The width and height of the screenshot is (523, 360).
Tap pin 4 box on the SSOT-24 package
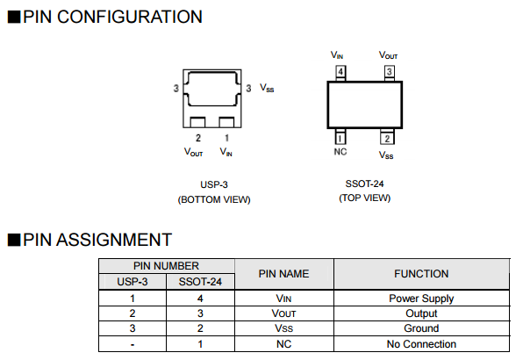point(340,72)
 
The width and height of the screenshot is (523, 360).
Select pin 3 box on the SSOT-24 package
point(389,72)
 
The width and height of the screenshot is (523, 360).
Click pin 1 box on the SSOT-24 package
point(340,137)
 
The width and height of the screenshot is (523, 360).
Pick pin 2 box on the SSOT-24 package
point(387,137)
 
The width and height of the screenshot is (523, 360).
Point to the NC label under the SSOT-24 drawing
point(340,152)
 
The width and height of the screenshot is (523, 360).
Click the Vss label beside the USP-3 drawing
point(267,88)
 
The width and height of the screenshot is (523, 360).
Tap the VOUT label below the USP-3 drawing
point(193,152)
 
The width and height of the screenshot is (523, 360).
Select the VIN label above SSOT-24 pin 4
point(337,55)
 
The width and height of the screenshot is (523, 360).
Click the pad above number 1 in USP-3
point(226,122)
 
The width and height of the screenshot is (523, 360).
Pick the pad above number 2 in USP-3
point(197,122)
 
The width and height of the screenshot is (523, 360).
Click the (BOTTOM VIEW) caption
point(214,199)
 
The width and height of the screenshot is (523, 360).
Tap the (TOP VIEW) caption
point(364,198)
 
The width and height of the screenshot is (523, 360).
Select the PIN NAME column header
point(283,274)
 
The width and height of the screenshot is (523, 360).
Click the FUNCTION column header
point(421,274)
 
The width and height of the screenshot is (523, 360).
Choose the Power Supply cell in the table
point(421,299)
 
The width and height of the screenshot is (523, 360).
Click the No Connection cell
point(421,344)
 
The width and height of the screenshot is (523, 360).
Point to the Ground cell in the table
point(421,328)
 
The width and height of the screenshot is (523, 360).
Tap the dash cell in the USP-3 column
point(133,344)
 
